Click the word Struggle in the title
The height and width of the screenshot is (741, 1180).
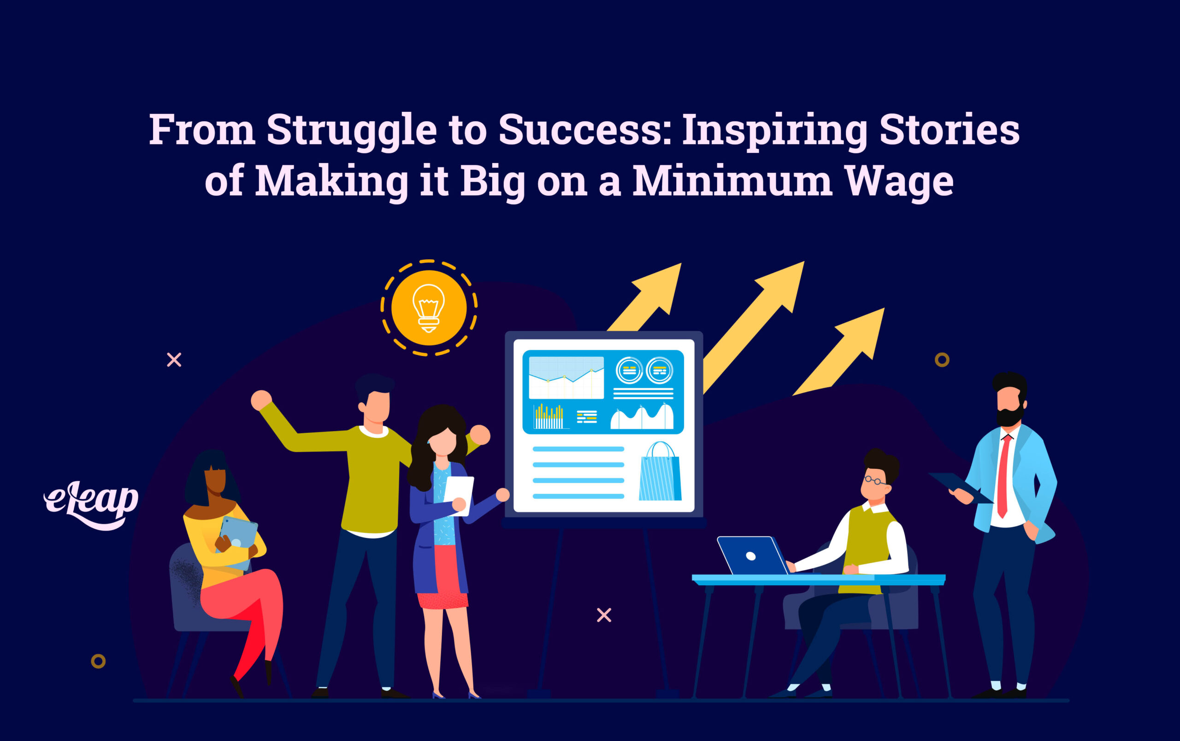pos(351,130)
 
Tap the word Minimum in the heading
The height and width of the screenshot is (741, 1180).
pos(732,181)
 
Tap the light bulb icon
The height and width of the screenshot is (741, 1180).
pos(429,308)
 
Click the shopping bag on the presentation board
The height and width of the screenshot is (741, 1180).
pos(660,473)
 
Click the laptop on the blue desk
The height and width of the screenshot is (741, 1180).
pos(752,556)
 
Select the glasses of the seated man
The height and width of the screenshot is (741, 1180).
pos(874,480)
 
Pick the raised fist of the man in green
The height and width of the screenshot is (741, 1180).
pos(261,400)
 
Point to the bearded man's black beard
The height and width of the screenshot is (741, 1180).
pos(1009,417)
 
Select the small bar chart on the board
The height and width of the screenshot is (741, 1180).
pos(549,417)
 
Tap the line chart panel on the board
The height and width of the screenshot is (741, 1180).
pos(566,377)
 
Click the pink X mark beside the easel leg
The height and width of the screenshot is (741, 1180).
pos(604,615)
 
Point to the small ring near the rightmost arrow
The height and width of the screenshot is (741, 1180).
pos(942,360)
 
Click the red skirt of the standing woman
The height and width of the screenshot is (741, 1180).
pos(442,578)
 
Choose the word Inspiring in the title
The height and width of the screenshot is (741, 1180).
pos(775,130)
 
